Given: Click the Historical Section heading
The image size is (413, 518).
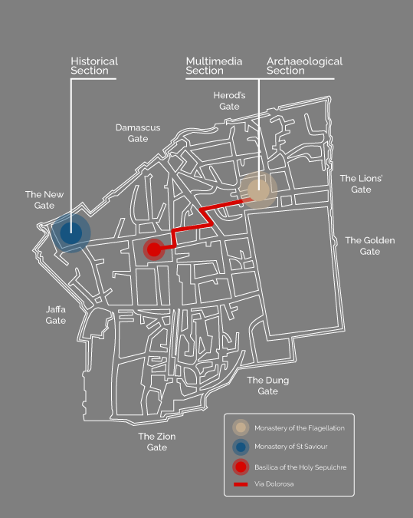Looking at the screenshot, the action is point(94,66).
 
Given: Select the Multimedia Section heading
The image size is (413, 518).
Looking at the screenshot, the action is point(214,66).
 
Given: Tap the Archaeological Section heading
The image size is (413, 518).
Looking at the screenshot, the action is point(304,66).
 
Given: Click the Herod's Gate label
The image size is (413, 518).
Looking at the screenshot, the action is point(229,101).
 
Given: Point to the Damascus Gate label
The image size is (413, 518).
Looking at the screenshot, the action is point(138,133).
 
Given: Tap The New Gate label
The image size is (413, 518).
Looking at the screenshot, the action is point(44,200).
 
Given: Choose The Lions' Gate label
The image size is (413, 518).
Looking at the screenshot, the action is point(361,183).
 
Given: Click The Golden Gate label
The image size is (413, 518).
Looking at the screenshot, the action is point(370,246).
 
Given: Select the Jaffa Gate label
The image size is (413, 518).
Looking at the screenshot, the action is point(55,315).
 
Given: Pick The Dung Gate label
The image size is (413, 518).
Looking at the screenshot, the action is point(268,385).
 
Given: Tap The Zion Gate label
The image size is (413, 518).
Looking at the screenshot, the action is point(156,442).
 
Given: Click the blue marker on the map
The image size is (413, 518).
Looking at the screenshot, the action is point(71,233).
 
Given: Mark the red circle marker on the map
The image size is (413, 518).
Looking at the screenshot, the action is point(154,249).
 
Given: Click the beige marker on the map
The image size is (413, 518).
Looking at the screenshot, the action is point(258,190).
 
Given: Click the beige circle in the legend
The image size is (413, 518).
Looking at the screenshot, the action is point(241,427).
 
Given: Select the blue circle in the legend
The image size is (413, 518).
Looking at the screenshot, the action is point(241,447).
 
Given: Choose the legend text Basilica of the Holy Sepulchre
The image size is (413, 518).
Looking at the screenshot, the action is point(300,467).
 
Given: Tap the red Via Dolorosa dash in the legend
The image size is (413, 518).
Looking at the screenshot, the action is point(241,484).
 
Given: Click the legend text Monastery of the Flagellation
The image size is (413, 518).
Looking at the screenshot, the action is point(300,428).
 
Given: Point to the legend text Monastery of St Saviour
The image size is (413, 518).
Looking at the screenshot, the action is point(291,447).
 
